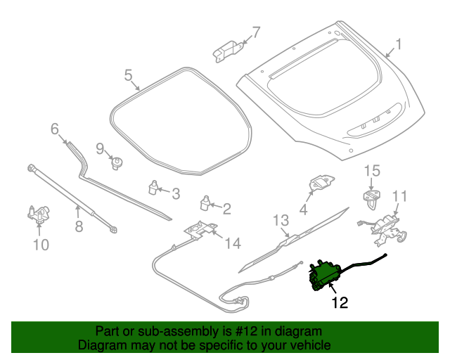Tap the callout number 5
(129, 75)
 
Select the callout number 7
(256, 32)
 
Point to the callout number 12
(340, 303)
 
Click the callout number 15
(371, 170)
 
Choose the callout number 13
(281, 220)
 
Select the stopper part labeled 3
(153, 187)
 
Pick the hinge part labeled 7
(226, 49)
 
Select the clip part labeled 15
(371, 196)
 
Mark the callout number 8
(79, 226)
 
